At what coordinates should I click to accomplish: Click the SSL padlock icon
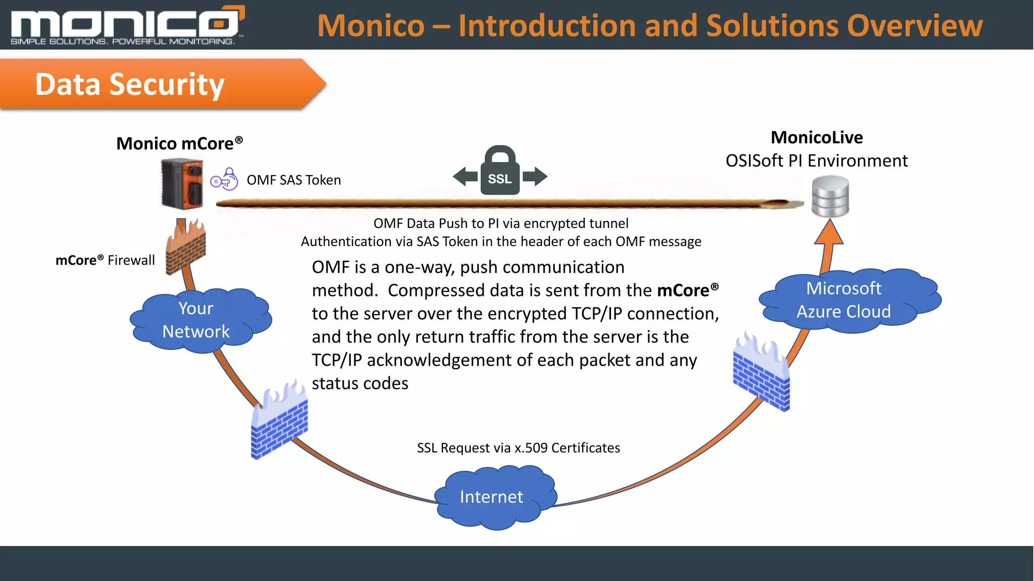(500, 171)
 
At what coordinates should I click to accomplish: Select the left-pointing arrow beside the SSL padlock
(465, 177)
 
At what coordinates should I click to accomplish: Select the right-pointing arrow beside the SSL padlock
(535, 177)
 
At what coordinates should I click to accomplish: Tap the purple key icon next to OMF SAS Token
(224, 180)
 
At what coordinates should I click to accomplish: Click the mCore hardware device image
(182, 184)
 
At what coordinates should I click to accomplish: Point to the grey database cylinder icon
(831, 197)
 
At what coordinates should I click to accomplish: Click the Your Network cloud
(199, 320)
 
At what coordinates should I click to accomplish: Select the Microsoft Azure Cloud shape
(848, 301)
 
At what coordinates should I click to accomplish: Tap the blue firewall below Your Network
(279, 421)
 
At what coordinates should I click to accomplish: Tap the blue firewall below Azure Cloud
(761, 373)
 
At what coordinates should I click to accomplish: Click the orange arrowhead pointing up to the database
(829, 234)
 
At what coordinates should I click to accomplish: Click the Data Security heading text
(130, 84)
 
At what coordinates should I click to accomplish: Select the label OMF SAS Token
(294, 180)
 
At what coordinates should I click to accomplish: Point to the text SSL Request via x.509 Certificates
(519, 448)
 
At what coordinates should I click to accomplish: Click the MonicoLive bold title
(816, 138)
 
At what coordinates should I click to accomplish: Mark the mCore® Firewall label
(105, 260)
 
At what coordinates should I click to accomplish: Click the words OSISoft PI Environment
(816, 161)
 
